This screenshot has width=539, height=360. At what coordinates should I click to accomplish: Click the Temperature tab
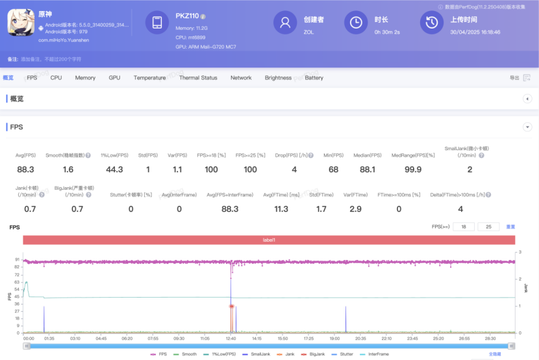(x=149, y=78)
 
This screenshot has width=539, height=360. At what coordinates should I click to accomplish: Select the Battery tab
(x=314, y=78)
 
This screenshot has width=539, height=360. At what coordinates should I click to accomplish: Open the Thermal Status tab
(x=198, y=78)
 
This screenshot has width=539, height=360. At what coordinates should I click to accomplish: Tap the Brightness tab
(x=278, y=78)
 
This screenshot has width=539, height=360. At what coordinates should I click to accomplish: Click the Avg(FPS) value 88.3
(x=25, y=170)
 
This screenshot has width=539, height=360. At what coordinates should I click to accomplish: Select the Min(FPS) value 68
(x=333, y=170)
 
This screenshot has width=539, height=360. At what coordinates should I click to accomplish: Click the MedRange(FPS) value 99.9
(x=412, y=170)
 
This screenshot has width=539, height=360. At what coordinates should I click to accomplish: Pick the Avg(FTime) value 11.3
(x=281, y=209)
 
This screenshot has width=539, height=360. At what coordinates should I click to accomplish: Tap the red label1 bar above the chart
(x=269, y=240)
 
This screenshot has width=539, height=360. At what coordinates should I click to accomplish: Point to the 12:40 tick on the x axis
(x=231, y=339)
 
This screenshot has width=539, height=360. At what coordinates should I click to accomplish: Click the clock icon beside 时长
(x=355, y=23)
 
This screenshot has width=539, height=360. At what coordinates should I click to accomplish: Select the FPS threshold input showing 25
(x=488, y=227)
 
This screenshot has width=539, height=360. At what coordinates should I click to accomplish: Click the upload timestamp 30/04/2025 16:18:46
(x=475, y=31)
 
